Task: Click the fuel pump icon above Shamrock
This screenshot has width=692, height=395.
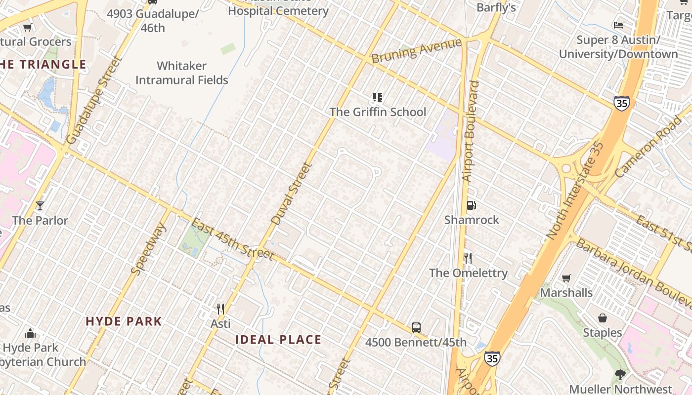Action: point(472,205)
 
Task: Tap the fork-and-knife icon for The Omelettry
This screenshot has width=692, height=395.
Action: point(468,258)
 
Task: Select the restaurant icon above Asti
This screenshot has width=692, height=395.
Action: point(220,309)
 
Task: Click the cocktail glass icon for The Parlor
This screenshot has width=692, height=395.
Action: point(40,205)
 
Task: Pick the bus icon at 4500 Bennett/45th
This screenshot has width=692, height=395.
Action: point(416,327)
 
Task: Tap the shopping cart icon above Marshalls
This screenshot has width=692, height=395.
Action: point(566,278)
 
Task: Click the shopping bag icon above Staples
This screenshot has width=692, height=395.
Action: point(602,318)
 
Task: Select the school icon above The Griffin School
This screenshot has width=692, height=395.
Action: point(378,97)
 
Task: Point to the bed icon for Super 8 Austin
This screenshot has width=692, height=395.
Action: point(618,25)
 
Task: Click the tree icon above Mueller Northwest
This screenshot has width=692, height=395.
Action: point(620,375)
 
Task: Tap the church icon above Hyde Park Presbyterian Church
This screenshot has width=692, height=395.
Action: point(30,333)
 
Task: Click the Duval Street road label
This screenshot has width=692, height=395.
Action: point(292,194)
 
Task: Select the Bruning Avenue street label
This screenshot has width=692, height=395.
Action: point(416,51)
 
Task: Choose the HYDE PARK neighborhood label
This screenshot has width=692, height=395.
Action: point(124,321)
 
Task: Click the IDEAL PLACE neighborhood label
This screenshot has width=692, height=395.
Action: point(278,340)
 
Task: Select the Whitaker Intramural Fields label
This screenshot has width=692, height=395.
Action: point(181,73)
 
